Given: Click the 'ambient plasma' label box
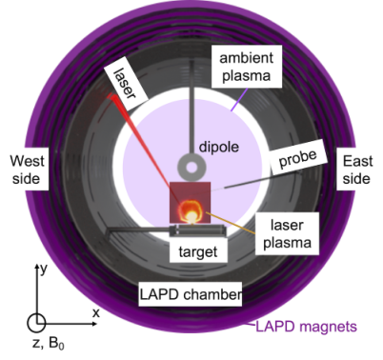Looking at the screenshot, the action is coord(247,67).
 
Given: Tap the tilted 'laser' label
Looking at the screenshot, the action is coord(126,84).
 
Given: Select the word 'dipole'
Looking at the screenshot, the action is coord(219,147).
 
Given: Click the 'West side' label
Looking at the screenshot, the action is coord(27,170).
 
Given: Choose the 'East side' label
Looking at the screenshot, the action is coord(357,170).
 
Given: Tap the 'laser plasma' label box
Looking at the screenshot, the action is coord(287,233).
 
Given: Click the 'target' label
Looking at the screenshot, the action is coord(198,251).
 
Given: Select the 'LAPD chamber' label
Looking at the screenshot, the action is coord(191,294).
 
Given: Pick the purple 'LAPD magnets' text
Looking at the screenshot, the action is coord(306,327).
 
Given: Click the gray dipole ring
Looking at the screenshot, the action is coord(191,159).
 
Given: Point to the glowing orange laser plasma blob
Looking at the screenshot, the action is coord(191,211).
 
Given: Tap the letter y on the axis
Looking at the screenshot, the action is coord(44,270).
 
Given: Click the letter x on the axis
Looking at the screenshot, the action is coord(96,313).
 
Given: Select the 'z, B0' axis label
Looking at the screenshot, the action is coord(49,344).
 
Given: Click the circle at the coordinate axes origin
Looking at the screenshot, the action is coord(36,323).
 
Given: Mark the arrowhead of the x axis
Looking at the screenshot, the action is coord(94,324).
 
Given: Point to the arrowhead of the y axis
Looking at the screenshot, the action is coord(37,267).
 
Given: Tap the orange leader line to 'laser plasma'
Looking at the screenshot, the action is coord(231,223).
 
